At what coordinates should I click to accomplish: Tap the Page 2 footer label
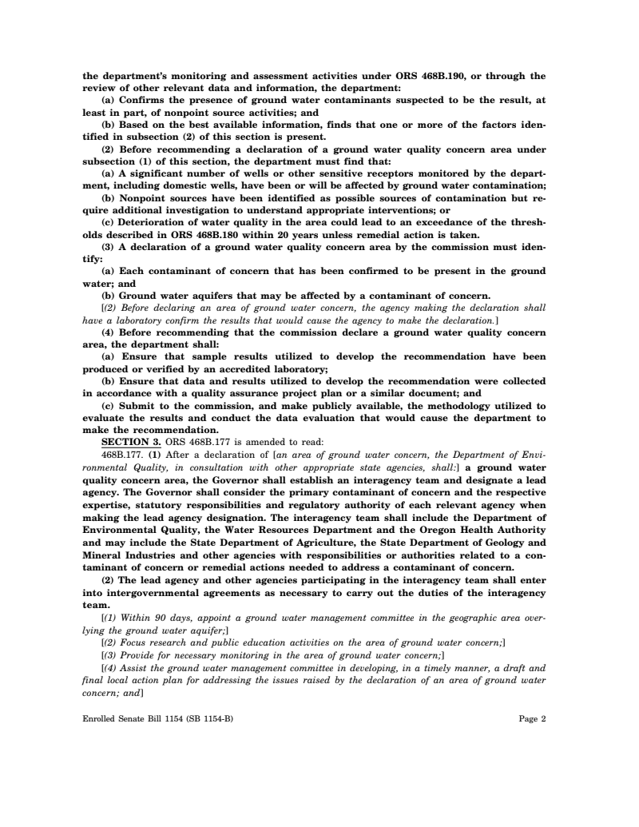pyautogui.click(x=532, y=718)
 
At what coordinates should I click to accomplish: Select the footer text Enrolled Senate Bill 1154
pyautogui.click(x=139, y=718)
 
